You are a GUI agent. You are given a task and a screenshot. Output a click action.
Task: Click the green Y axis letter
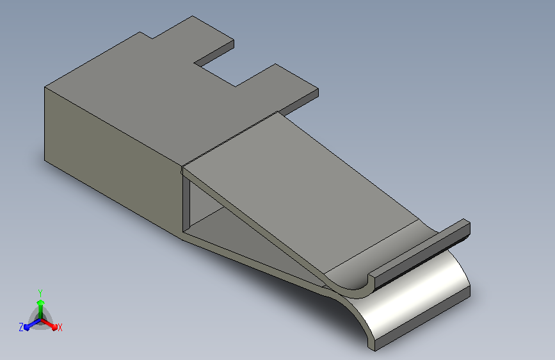click(40, 293)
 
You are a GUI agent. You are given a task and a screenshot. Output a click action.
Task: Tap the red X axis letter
click(60, 327)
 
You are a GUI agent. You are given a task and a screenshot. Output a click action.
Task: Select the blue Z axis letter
click(21, 327)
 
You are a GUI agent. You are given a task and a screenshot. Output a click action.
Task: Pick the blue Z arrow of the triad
click(32, 325)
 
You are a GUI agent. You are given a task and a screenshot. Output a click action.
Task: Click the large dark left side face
click(113, 163)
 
